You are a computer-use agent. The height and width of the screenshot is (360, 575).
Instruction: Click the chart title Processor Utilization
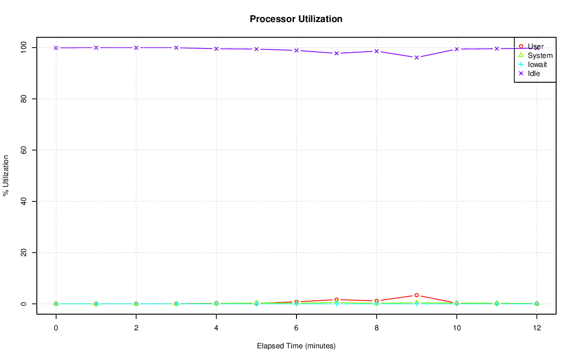pos(296,19)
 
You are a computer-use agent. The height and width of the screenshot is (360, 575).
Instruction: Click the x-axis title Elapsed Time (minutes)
pos(296,346)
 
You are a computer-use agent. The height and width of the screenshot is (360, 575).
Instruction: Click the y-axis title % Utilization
pos(6,175)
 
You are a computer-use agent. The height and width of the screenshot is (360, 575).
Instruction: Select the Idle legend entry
pos(534,73)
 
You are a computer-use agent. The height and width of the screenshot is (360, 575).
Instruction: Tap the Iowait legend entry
pos(537,64)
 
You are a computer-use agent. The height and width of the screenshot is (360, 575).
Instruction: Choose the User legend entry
pos(535,46)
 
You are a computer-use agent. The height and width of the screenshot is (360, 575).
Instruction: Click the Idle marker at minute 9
pos(416,58)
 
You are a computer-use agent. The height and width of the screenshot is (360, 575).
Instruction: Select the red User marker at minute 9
pos(416,295)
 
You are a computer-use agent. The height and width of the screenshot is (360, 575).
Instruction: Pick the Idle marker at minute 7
pos(336,53)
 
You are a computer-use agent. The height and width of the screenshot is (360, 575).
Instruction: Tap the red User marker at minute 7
pos(336,300)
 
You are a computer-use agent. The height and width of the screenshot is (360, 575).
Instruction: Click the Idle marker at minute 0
pos(56,48)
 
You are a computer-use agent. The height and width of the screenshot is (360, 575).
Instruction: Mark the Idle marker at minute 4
pos(216,49)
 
